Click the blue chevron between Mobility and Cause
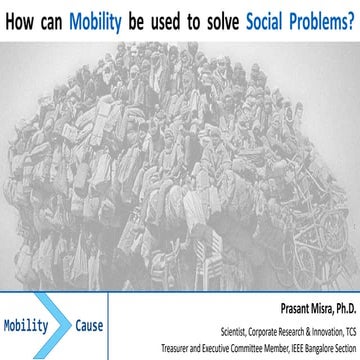click(x=62, y=326)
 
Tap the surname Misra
click(x=303, y=309)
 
